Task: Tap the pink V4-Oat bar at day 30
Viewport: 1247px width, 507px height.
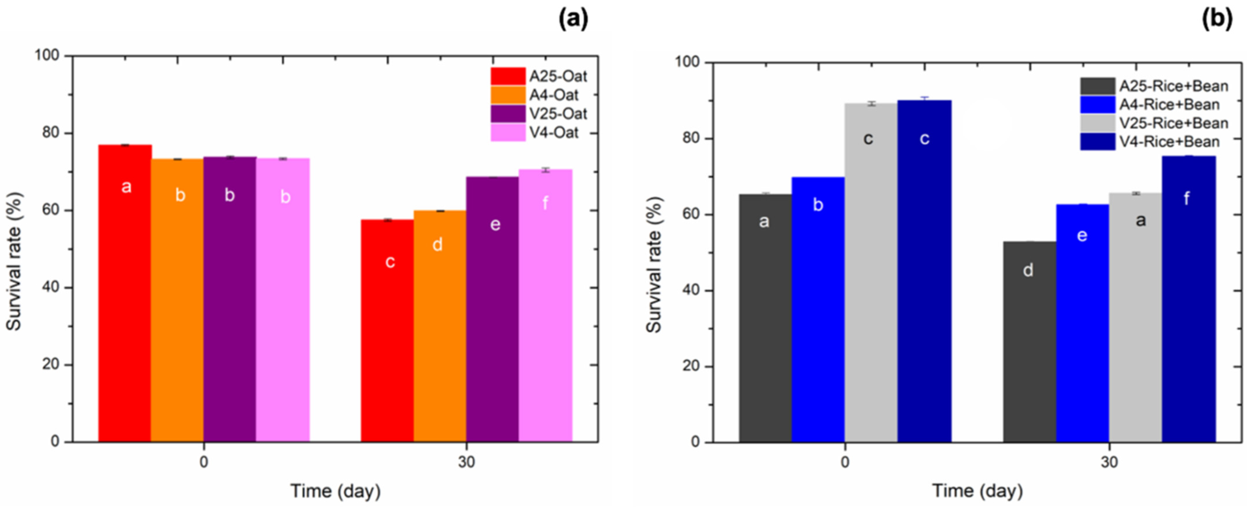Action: (x=546, y=305)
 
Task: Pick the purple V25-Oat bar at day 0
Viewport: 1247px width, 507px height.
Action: (x=230, y=299)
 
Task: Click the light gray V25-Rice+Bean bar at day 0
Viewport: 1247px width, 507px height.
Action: (x=871, y=273)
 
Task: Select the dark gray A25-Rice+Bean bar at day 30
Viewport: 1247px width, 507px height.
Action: (x=1030, y=342)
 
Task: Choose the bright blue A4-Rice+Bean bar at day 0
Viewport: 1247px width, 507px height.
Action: (x=818, y=310)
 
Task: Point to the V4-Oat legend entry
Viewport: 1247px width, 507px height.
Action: (x=535, y=132)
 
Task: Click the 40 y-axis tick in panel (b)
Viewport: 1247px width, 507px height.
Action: (x=694, y=291)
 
